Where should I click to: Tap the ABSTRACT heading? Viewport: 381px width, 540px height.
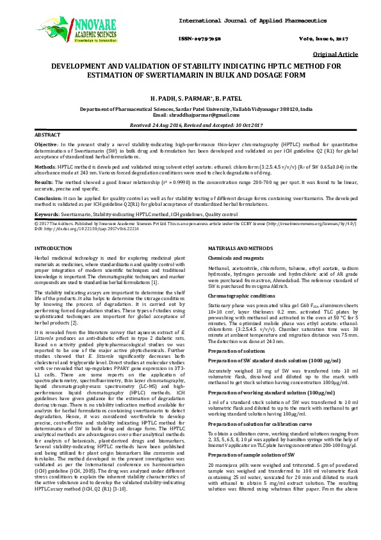(x=47, y=136)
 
